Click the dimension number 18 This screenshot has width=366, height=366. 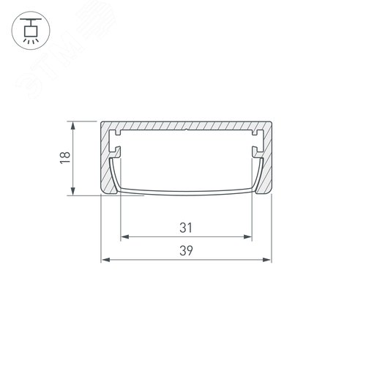point(65,157)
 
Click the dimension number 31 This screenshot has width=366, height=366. point(186,228)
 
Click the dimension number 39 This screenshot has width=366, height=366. point(186,251)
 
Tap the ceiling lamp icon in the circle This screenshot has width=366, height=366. point(31,31)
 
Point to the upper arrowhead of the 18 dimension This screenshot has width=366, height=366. point(72,127)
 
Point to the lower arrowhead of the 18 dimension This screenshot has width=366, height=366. point(72,190)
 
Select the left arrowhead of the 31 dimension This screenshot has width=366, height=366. point(125,236)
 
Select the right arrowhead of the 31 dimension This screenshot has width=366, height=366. point(247,236)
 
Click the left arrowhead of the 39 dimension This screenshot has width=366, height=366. point(105,260)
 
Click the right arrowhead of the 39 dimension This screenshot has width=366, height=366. point(266,260)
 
